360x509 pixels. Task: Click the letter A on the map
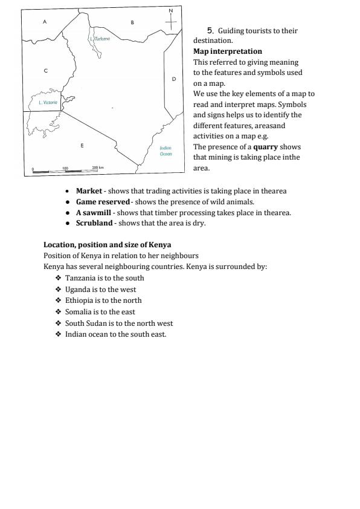(x=44, y=21)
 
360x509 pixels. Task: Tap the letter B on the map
(x=132, y=22)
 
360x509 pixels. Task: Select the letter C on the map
(x=45, y=71)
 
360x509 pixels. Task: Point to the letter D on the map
(x=173, y=79)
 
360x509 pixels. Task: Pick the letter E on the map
(x=82, y=145)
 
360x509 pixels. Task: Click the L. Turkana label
(x=100, y=38)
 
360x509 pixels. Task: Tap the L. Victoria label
(x=48, y=102)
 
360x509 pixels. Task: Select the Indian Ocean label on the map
(x=166, y=151)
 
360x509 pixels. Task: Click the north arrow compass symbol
(x=171, y=21)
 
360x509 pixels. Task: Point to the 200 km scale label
(x=98, y=167)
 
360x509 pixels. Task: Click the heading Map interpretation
(x=227, y=51)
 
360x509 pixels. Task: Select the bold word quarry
(x=265, y=147)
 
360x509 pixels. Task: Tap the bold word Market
(x=89, y=191)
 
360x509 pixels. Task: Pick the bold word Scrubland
(x=94, y=223)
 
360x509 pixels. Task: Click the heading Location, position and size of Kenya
(x=107, y=245)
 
